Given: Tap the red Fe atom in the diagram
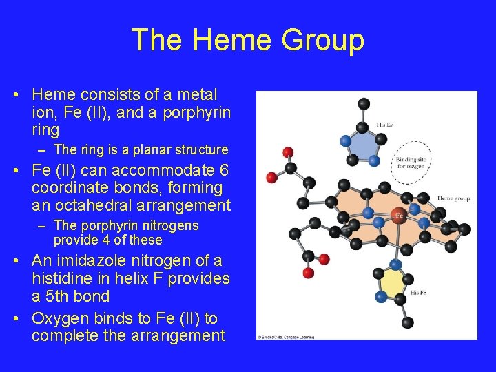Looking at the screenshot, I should pyautogui.click(x=399, y=216).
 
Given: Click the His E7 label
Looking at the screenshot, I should pyautogui.click(x=385, y=125).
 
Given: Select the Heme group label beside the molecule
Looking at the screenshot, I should pyautogui.click(x=453, y=198).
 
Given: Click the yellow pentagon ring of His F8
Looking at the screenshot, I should pyautogui.click(x=394, y=283).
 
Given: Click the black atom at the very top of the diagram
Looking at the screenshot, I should pyautogui.click(x=364, y=103).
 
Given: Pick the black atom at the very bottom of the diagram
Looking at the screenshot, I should pyautogui.click(x=407, y=322).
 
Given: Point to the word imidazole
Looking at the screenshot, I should pyautogui.click(x=107, y=260).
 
